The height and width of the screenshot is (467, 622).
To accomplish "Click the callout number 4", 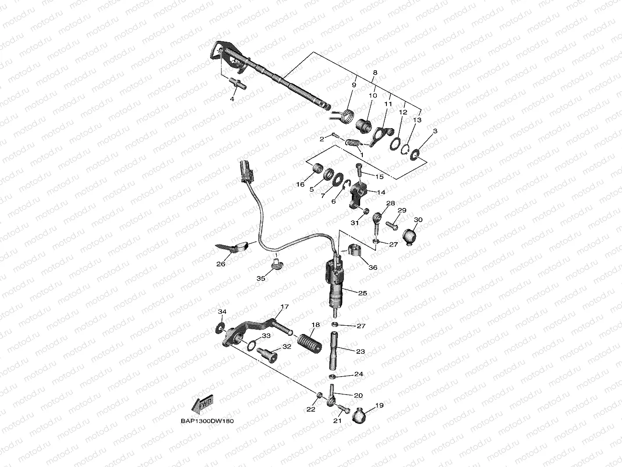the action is point(232,100).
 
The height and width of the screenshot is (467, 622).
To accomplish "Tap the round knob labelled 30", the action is point(410,236).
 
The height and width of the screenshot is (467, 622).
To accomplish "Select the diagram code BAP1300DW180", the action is point(207,421).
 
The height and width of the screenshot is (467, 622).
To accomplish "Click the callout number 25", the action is point(362,293).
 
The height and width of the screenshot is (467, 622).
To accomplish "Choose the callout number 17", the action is point(285,307).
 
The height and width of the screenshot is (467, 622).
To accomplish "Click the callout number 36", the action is point(372,267).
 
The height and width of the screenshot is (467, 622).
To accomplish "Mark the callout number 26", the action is point(221,264).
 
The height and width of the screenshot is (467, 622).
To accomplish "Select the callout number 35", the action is point(261,278).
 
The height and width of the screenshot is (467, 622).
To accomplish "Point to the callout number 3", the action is point(435,131).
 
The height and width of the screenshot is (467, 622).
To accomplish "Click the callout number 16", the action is point(300,184).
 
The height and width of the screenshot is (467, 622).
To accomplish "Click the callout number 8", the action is point(375,72).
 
